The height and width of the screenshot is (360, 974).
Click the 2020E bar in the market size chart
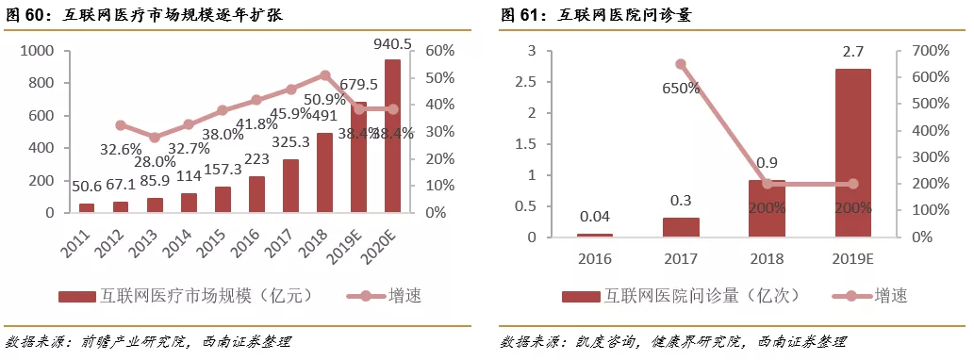click(x=392, y=137)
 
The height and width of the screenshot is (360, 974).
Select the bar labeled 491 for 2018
click(x=324, y=173)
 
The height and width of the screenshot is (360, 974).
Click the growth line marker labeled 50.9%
click(x=324, y=74)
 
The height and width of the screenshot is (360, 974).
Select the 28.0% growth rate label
click(x=147, y=162)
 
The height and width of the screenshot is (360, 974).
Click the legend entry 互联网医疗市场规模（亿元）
click(x=185, y=296)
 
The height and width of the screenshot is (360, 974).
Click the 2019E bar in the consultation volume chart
click(x=852, y=153)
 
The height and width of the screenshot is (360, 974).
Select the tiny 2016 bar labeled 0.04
click(x=594, y=235)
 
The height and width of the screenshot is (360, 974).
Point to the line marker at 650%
click(x=680, y=64)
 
